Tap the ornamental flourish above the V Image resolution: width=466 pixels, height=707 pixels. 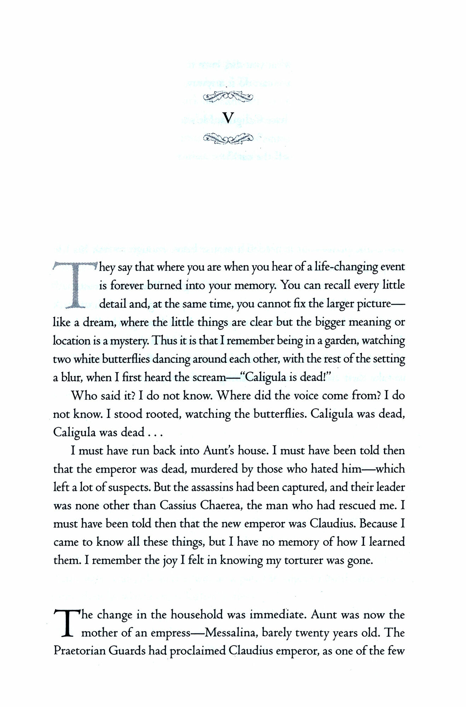click(229, 96)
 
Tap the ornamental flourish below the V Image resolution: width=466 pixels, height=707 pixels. click(229, 138)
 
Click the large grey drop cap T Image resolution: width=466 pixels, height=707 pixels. click(75, 285)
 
